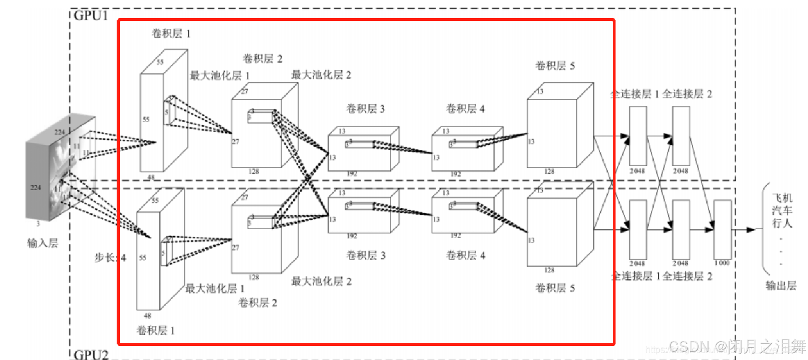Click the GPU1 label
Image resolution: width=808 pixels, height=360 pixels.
(x=90, y=15)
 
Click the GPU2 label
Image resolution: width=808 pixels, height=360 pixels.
(x=91, y=355)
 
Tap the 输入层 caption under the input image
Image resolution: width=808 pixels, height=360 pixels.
(x=43, y=243)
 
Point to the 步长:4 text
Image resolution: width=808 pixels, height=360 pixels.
(x=110, y=258)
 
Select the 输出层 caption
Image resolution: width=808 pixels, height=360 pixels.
(x=781, y=286)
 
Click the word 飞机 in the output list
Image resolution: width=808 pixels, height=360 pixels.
(x=782, y=198)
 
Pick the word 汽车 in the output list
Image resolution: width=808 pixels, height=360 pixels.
(x=782, y=211)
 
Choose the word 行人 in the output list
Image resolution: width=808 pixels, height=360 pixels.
(x=782, y=223)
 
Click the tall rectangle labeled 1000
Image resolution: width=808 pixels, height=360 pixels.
(x=722, y=229)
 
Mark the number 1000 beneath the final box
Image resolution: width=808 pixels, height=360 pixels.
(x=722, y=263)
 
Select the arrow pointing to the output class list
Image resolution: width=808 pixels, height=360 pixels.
(x=744, y=230)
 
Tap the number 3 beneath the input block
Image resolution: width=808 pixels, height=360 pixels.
(x=38, y=224)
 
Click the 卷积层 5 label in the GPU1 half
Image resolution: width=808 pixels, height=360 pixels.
(x=555, y=66)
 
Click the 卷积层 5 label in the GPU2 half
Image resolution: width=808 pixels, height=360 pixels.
(x=555, y=288)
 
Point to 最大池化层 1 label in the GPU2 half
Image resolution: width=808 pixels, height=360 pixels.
(x=215, y=288)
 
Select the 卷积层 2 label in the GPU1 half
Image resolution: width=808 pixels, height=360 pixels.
(x=262, y=59)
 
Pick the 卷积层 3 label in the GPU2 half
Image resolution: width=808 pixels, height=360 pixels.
(x=365, y=255)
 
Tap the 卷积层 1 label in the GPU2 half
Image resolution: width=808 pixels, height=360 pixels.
(x=156, y=330)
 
